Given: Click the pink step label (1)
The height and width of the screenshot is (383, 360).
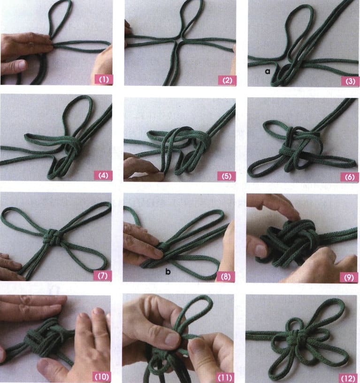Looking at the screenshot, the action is [x=103, y=79].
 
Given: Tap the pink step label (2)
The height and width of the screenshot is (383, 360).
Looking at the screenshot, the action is [x=227, y=80].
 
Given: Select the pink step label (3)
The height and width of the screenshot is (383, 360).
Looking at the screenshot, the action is [x=350, y=81].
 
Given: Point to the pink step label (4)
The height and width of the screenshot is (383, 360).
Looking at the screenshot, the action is [x=103, y=175].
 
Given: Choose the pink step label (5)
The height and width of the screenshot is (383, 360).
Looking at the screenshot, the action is [x=226, y=176].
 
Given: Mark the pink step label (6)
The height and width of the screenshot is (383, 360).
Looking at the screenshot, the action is [x=350, y=176].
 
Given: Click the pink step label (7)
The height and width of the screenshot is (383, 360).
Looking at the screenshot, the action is [x=103, y=276].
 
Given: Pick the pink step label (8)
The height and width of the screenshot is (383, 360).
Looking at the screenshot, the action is [x=225, y=276].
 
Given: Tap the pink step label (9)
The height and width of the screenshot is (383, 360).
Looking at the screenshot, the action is [x=349, y=277].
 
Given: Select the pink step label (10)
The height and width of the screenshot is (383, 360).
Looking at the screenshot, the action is [x=101, y=376].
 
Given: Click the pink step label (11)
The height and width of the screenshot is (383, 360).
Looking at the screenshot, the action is [x=225, y=378].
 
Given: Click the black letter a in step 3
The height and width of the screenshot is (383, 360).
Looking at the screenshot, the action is [x=268, y=71].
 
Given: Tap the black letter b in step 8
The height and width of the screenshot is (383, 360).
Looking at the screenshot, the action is [x=168, y=271].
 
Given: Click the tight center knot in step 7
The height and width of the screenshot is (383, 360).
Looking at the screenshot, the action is [x=52, y=237].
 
